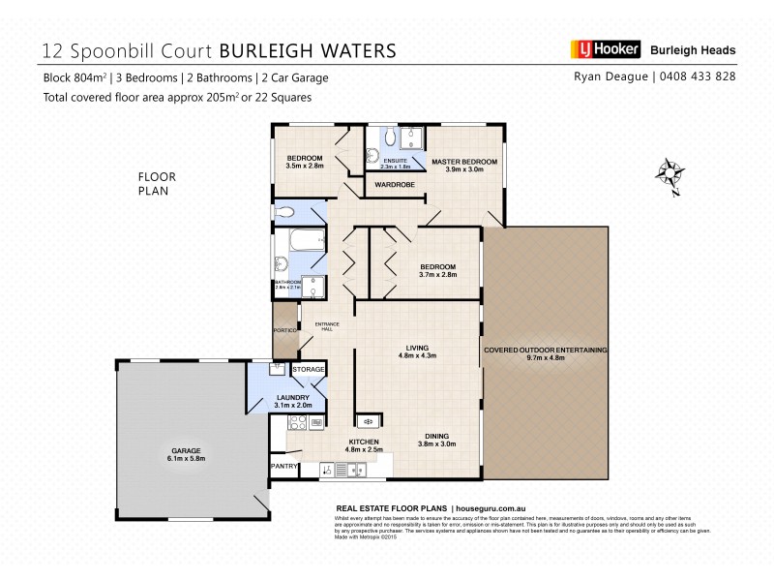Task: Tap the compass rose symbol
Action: [x=668, y=173]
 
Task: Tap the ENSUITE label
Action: [x=395, y=160]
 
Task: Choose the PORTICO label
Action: [x=283, y=330]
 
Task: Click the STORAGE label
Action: [x=309, y=369]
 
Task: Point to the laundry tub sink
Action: [x=277, y=368]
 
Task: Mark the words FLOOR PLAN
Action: [x=154, y=184]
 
